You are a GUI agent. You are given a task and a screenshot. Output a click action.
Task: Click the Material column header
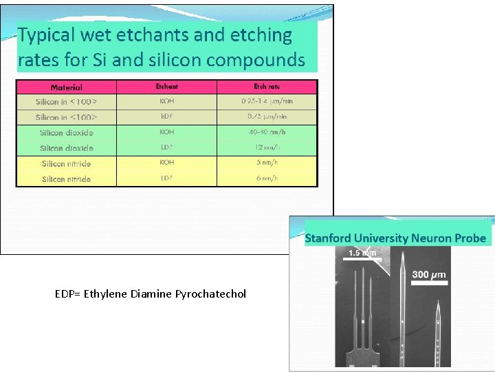[x=66, y=87]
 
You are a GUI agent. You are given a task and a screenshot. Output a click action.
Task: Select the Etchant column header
[x=166, y=87]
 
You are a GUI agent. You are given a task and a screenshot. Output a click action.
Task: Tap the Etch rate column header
[x=267, y=87]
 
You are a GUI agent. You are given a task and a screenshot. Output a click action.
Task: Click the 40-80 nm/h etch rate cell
[x=267, y=132]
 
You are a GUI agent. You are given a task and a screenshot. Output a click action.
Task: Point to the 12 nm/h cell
[x=267, y=147]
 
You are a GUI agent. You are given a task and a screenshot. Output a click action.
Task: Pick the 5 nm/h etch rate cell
[x=267, y=163]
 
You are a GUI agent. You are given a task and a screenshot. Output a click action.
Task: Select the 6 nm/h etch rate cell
[x=267, y=178]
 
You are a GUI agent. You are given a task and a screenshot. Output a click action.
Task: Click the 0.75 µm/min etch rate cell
[x=267, y=116]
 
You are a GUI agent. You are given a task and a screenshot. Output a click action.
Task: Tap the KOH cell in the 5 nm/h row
[x=166, y=163]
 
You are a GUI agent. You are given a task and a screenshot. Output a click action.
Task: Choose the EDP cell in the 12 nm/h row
[x=166, y=147]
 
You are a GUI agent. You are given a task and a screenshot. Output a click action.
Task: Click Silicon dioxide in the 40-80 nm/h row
[x=66, y=132]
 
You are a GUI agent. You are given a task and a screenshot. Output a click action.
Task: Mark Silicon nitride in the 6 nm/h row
[x=66, y=179]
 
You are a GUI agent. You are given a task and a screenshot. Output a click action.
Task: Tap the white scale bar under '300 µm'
[x=430, y=282]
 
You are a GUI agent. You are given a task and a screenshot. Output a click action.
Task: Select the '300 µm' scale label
[x=429, y=274]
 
